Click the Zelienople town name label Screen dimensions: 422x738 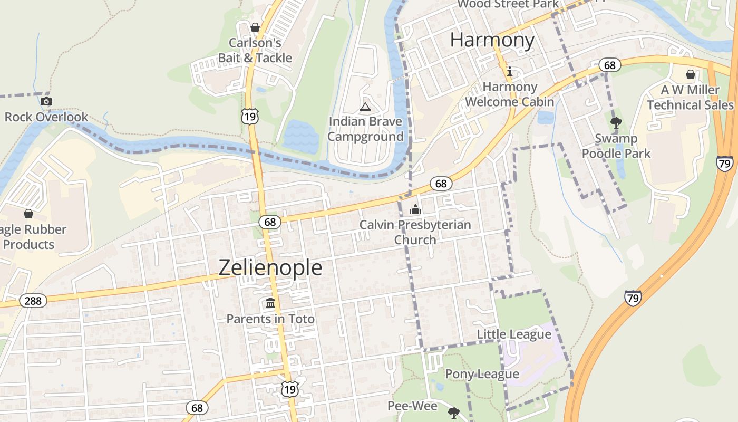(270, 267)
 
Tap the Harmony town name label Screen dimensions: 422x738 (492, 40)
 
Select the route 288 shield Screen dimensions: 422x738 (33, 301)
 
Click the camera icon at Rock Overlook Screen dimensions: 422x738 (46, 101)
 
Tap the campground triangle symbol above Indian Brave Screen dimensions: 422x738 (365, 107)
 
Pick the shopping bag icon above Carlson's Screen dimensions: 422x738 (255, 27)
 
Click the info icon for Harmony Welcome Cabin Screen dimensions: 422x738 (509, 72)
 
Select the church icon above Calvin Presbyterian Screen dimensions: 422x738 (415, 209)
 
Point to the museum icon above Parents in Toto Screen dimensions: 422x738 (270, 303)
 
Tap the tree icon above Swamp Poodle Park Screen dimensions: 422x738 (616, 123)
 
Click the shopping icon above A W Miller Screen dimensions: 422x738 (690, 74)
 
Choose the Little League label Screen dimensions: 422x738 (514, 334)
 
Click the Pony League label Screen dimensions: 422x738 (482, 374)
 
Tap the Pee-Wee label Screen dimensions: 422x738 (412, 406)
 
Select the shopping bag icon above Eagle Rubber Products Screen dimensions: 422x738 (28, 214)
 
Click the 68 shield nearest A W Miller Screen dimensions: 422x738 (609, 65)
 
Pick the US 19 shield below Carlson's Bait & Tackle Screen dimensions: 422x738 (250, 116)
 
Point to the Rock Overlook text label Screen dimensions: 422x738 (46, 117)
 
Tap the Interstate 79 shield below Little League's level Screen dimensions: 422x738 (633, 298)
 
